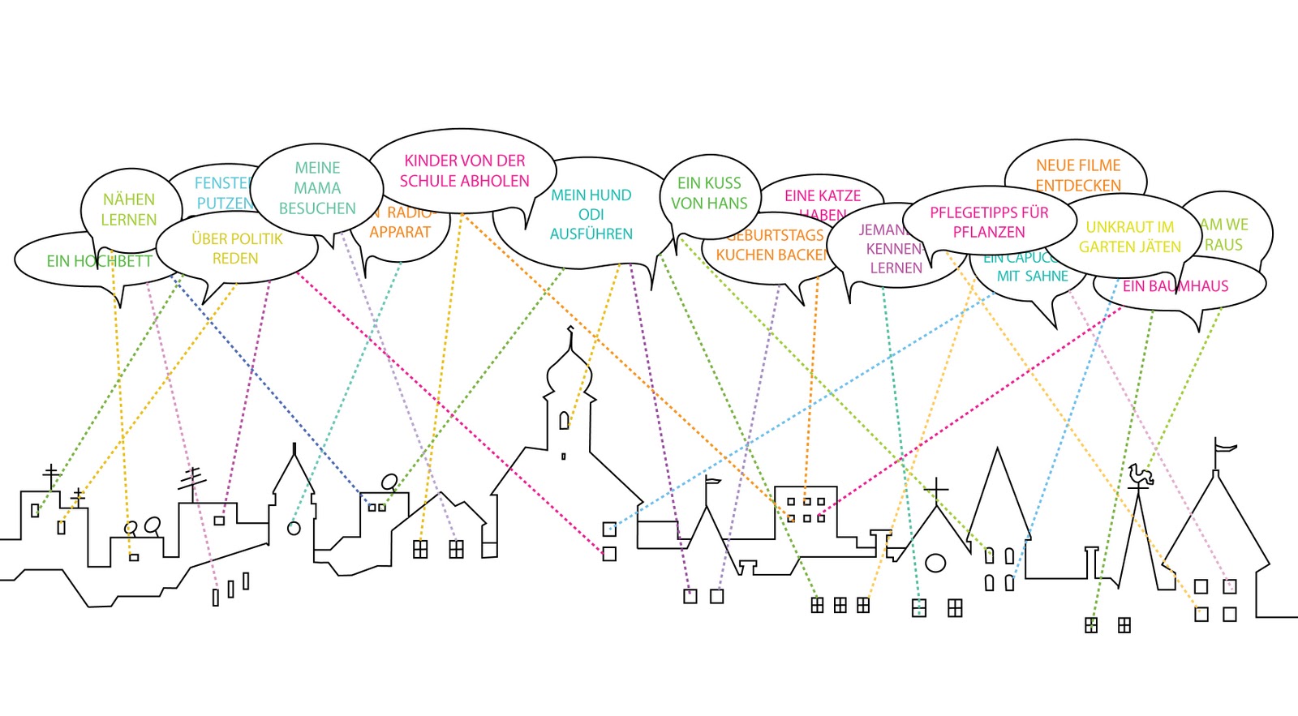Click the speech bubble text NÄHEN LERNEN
128,209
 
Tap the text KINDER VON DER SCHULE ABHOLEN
464,170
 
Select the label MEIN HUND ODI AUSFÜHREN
591,214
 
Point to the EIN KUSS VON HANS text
709,193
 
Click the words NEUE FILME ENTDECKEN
1077,175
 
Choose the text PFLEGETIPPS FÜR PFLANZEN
988,221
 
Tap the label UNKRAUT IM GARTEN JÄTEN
1129,237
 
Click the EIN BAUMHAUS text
1175,285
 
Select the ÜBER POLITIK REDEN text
236,248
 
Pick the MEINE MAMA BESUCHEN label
317,188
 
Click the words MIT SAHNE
1032,276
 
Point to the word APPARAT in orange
400,232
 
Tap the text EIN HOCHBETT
99,261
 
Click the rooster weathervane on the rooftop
1140,476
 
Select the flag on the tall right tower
1224,446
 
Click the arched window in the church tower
564,421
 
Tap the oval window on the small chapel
935,562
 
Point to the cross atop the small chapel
936,490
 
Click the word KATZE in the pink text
840,195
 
